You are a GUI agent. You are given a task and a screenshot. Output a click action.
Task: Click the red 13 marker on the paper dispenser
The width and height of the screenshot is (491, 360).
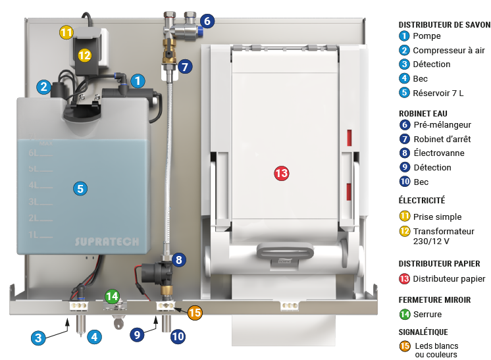tap(281, 173)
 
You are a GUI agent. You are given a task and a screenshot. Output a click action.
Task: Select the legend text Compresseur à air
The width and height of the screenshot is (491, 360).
tap(440, 50)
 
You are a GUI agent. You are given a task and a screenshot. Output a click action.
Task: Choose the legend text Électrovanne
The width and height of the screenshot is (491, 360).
tap(438, 153)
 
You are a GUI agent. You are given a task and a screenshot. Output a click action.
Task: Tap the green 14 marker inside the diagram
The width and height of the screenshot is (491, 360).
tap(113, 296)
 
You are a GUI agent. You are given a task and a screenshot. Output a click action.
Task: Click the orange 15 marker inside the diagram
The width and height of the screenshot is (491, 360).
tap(194, 313)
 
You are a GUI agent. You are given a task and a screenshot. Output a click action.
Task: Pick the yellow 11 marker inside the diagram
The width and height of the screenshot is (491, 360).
tap(66, 32)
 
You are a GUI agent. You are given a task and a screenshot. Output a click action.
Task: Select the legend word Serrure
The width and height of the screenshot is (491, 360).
tap(427, 315)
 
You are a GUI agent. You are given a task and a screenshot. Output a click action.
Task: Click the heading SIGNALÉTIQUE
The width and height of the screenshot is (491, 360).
tap(428, 332)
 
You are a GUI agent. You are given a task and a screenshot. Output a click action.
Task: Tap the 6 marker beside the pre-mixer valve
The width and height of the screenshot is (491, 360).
tap(207, 21)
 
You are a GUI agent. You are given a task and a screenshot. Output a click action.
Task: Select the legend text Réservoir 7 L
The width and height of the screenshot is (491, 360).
tap(438, 93)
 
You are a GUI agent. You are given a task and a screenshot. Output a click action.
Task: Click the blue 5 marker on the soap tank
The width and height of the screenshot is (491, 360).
tap(80, 188)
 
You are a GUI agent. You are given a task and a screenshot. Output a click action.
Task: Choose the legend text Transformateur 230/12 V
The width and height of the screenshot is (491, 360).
tap(443, 236)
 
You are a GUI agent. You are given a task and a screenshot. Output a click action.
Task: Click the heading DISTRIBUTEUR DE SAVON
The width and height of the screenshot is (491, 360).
tap(444, 24)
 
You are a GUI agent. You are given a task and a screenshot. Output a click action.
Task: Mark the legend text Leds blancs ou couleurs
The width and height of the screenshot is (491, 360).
tap(436, 350)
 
